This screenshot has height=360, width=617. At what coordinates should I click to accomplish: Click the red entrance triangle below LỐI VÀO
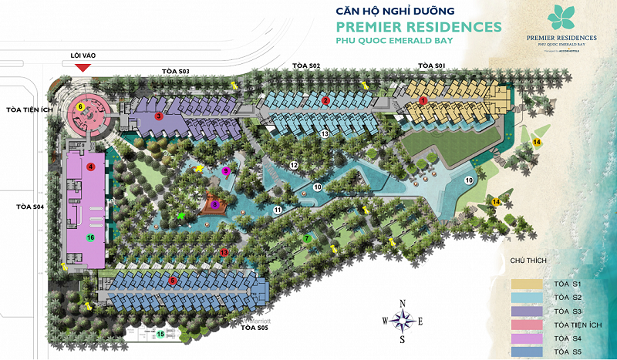83,68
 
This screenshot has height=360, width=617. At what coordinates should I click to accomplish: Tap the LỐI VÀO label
83,56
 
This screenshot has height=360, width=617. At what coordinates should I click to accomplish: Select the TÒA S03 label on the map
176,71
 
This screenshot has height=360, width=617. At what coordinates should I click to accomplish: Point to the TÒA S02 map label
306,66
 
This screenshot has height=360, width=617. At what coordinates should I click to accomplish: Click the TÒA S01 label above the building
430,66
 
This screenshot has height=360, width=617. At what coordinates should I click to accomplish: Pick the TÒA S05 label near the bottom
253,328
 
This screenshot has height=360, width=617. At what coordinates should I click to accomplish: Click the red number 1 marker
423,101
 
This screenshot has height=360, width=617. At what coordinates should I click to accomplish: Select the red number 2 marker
325,101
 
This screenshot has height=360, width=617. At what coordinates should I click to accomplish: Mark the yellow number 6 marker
80,106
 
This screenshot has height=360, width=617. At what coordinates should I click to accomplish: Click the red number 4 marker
90,167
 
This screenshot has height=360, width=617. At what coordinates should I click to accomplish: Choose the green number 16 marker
90,237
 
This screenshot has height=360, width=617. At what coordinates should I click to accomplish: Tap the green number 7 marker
307,238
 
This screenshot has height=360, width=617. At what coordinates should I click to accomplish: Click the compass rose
402,319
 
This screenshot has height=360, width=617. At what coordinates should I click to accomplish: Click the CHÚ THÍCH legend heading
528,261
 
